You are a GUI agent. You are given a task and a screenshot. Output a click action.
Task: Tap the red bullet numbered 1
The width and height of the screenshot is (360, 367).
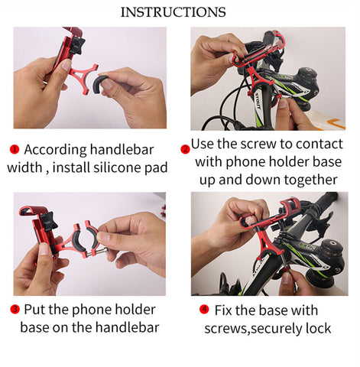[x=15, y=150]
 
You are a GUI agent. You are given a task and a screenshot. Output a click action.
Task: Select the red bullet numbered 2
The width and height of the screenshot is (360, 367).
[x=184, y=148]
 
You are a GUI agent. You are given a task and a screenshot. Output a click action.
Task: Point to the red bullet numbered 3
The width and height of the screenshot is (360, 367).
[x=15, y=310]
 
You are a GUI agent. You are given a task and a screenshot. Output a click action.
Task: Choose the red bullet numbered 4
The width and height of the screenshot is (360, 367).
[x=204, y=310]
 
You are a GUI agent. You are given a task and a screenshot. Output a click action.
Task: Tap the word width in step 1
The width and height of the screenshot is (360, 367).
[x=26, y=167]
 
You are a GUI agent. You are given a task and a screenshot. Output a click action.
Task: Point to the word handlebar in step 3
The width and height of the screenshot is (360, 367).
[x=125, y=327]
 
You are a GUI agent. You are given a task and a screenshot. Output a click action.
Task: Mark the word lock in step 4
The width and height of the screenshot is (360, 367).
[x=316, y=328]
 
